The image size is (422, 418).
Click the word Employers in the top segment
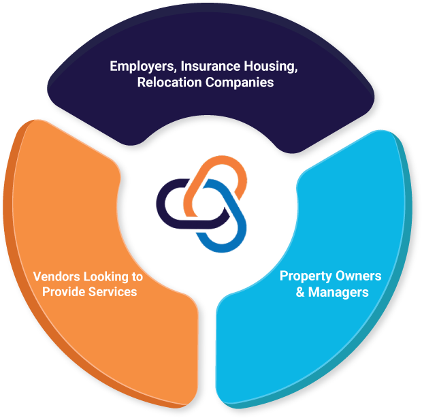[x=139, y=67]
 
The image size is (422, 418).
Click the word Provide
[x=65, y=292]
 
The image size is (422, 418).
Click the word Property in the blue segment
[x=305, y=276]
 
